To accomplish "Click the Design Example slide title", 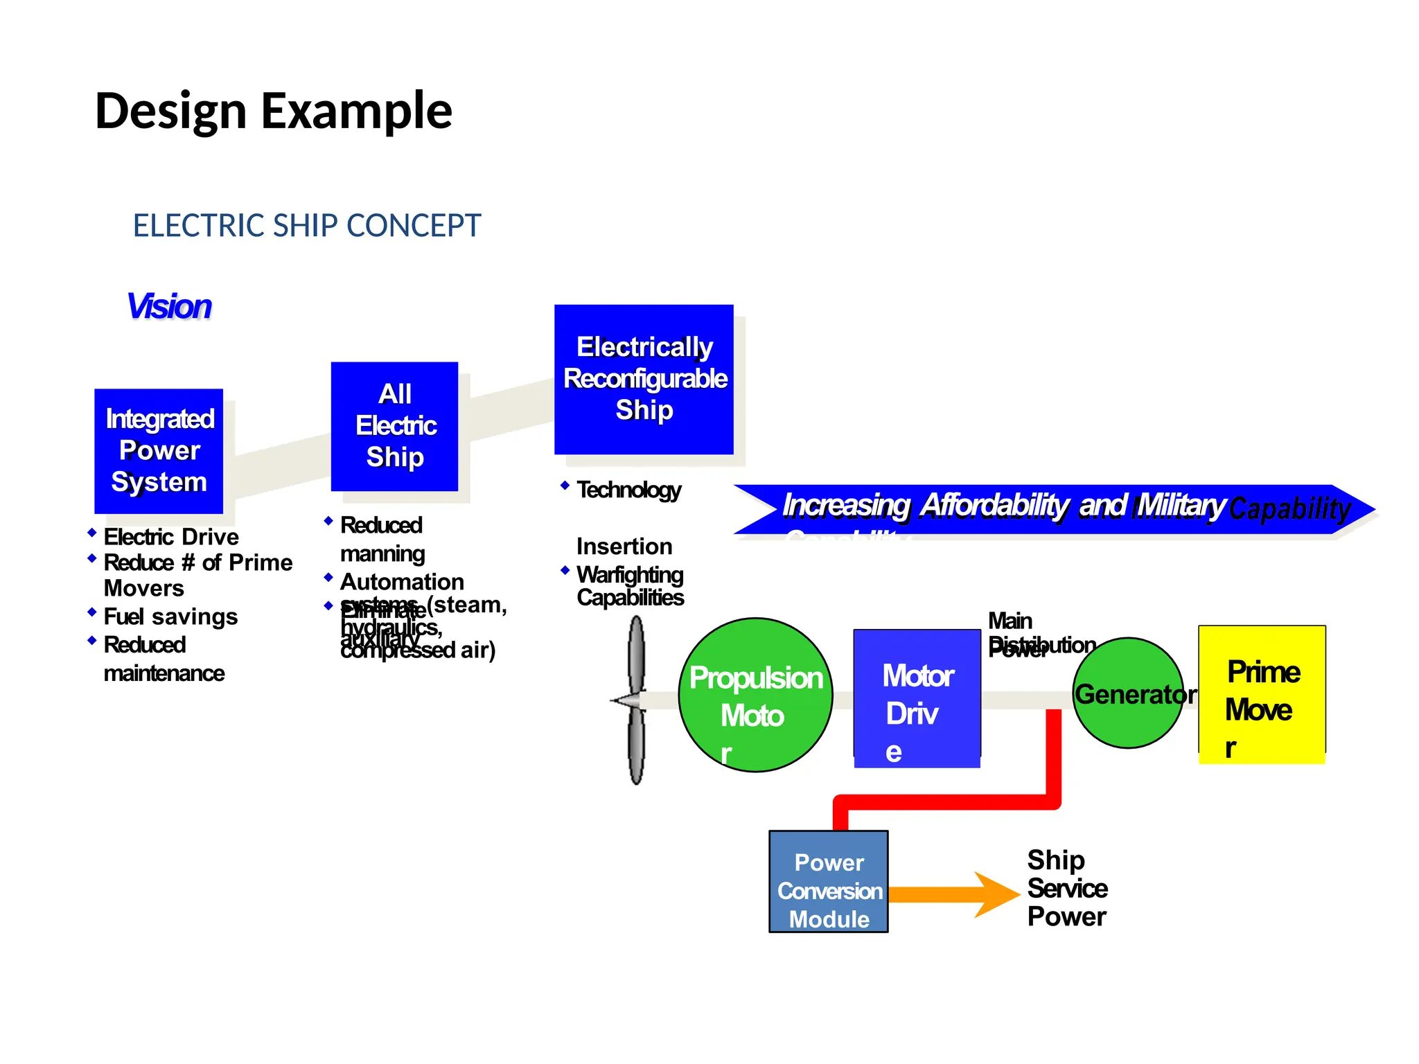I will coord(273,111).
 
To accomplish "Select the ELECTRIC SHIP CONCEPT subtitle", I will coord(306,226).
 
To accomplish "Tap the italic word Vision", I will coord(169,306).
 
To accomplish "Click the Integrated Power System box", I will coord(159,451).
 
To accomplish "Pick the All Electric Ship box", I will coord(394,426).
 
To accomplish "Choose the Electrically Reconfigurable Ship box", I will coord(644,379).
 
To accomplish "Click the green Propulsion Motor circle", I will coord(755,695).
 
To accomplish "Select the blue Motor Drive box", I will coord(917,698).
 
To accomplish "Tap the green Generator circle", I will coord(1128,693).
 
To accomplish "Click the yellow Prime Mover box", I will coord(1262,694).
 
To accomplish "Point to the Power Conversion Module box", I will coord(829,882).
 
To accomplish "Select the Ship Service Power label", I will coord(1066,888).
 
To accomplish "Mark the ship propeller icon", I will coord(635,700).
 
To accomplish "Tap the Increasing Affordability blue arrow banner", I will coord(1053,508).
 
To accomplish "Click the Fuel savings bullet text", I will coord(170,617).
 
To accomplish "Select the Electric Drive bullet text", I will coord(171,537).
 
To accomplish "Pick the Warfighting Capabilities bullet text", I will coord(630,586).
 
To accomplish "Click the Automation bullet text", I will coord(402,582).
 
